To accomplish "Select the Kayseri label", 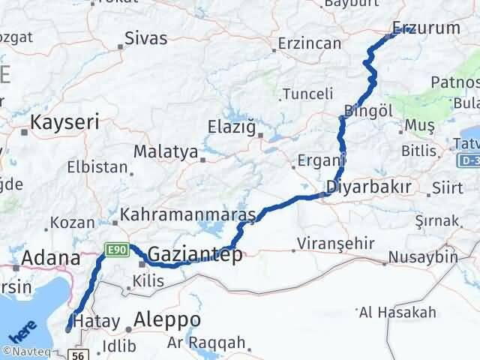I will point(64,121).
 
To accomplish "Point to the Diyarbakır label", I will point(368,187).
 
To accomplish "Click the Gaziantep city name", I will point(195,255).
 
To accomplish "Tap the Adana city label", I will point(50,259).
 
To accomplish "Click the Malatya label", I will point(165,151).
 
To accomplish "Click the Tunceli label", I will point(307,94).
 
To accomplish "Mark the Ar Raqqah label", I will point(207,343).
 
